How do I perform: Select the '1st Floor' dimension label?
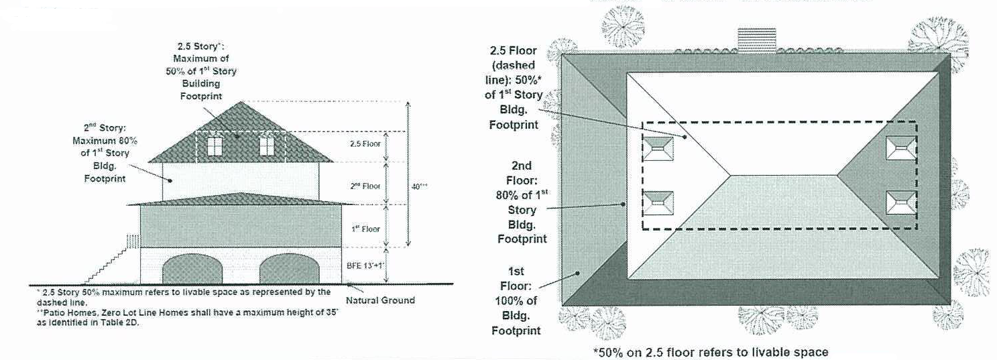pos(366,229)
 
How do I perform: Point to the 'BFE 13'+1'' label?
pos(365,266)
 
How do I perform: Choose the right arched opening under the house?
pos(289,269)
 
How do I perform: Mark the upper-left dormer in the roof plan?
pos(658,148)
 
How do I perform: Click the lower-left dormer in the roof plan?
pos(658,202)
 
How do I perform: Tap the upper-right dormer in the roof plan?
pos(900,148)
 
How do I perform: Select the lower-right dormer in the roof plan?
pos(900,202)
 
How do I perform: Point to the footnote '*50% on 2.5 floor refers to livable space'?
pos(710,352)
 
